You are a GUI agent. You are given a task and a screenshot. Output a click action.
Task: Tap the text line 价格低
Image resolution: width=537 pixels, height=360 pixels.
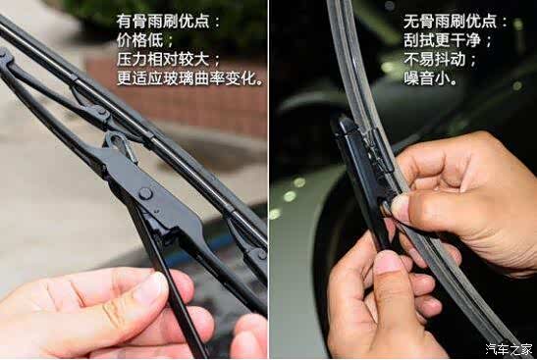click(x=139, y=41)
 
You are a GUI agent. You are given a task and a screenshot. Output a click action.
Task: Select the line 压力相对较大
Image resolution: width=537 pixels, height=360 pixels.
click(x=163, y=60)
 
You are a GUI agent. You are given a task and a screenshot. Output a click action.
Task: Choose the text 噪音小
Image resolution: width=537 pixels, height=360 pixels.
click(x=427, y=78)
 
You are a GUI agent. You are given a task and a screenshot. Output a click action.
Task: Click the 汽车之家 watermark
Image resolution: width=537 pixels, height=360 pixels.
click(x=509, y=349)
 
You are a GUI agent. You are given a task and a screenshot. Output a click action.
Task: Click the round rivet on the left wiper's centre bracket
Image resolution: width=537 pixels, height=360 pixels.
click(x=145, y=193)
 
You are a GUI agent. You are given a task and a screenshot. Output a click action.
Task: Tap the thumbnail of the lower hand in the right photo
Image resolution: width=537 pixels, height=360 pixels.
click(x=390, y=263)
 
